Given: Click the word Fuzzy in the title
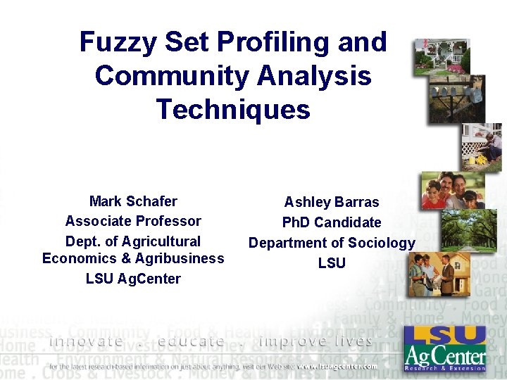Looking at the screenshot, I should pos(118,42).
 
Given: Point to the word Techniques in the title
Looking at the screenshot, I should pos(233,109).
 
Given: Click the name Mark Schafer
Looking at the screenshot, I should pos(133,201).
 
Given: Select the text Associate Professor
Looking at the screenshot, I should pos(133,221).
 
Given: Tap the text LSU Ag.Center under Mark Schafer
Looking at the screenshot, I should pos(133,279).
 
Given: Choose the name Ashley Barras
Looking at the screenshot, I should pos(332,202).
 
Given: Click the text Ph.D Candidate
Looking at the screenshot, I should pos(332,222).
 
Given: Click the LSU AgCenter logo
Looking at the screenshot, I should pos(445,348).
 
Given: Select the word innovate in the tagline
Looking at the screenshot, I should pos(86,341).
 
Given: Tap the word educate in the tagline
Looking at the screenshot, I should pos(192,341).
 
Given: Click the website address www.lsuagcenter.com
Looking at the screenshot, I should pos(337,366).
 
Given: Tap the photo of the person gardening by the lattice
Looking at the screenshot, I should pos(482,146).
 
